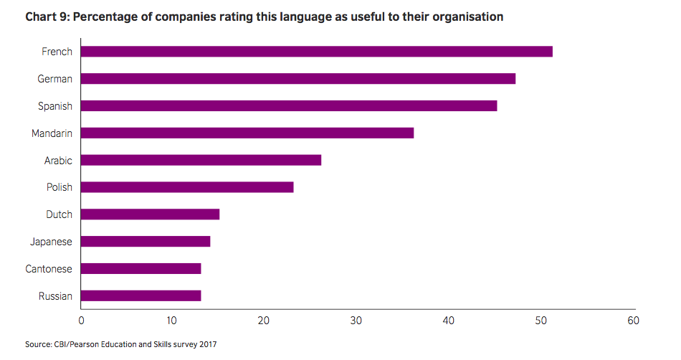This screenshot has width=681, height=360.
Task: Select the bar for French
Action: (316, 51)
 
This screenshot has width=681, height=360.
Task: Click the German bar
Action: (297, 78)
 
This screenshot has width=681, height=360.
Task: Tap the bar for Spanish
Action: (288, 105)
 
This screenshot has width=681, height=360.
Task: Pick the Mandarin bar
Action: (247, 133)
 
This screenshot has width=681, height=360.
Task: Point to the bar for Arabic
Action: (201, 160)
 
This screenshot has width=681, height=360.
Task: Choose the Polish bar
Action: (187, 187)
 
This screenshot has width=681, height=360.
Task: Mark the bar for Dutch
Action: (150, 214)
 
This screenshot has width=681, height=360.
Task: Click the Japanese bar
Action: (146, 241)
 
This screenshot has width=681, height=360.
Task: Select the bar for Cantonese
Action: (141, 268)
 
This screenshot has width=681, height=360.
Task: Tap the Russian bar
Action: (141, 295)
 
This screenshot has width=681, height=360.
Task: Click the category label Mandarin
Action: (52, 133)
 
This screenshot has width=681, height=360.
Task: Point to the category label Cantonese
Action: (48, 269)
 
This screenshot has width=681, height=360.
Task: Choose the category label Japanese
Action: (50, 242)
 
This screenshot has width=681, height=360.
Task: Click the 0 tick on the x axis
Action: (81, 320)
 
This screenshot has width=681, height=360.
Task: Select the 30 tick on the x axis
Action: (357, 320)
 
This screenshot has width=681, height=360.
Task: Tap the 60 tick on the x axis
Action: (632, 320)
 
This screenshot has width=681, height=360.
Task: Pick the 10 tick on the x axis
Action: (173, 320)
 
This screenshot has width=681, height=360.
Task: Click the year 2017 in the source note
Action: (206, 345)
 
